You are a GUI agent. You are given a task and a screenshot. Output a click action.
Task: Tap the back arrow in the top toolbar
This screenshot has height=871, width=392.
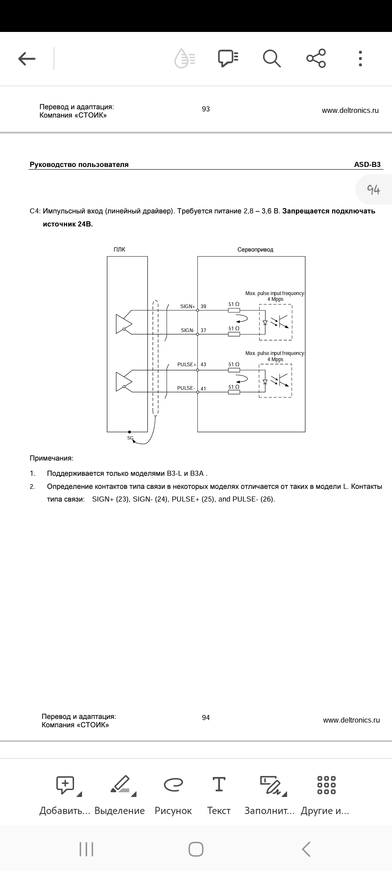[x=27, y=58]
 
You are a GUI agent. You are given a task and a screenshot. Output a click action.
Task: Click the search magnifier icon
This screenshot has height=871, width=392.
[x=271, y=58]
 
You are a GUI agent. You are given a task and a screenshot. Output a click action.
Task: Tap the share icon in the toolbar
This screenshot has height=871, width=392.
[x=316, y=58]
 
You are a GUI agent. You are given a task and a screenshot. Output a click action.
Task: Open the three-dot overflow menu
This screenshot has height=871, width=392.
[x=360, y=58]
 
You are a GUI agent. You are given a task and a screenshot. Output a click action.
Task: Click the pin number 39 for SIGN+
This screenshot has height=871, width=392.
[x=203, y=307]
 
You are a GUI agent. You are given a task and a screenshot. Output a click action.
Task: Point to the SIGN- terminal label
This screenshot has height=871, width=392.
[x=188, y=330]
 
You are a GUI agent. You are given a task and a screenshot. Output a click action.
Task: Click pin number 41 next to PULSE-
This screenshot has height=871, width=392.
[x=203, y=389]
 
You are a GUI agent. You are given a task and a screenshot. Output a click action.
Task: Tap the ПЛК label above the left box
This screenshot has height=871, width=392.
[x=119, y=250]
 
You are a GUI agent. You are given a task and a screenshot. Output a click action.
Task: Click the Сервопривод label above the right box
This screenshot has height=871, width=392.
[x=255, y=250]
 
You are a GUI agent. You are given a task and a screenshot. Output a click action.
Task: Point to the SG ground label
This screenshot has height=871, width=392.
[x=130, y=438]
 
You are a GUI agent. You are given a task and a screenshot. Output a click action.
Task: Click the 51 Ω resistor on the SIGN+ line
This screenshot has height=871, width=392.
[x=234, y=310]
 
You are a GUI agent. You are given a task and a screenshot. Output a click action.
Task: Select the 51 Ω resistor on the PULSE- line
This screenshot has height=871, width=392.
[x=234, y=392]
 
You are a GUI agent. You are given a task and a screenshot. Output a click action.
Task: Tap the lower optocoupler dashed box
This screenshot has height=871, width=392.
[x=275, y=381]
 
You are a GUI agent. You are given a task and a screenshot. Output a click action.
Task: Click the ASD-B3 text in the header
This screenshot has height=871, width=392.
[x=367, y=164]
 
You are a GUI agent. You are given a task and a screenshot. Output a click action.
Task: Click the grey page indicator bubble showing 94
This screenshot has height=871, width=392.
[x=373, y=189]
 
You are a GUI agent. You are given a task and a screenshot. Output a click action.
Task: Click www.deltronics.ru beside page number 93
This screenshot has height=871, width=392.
[x=350, y=110]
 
